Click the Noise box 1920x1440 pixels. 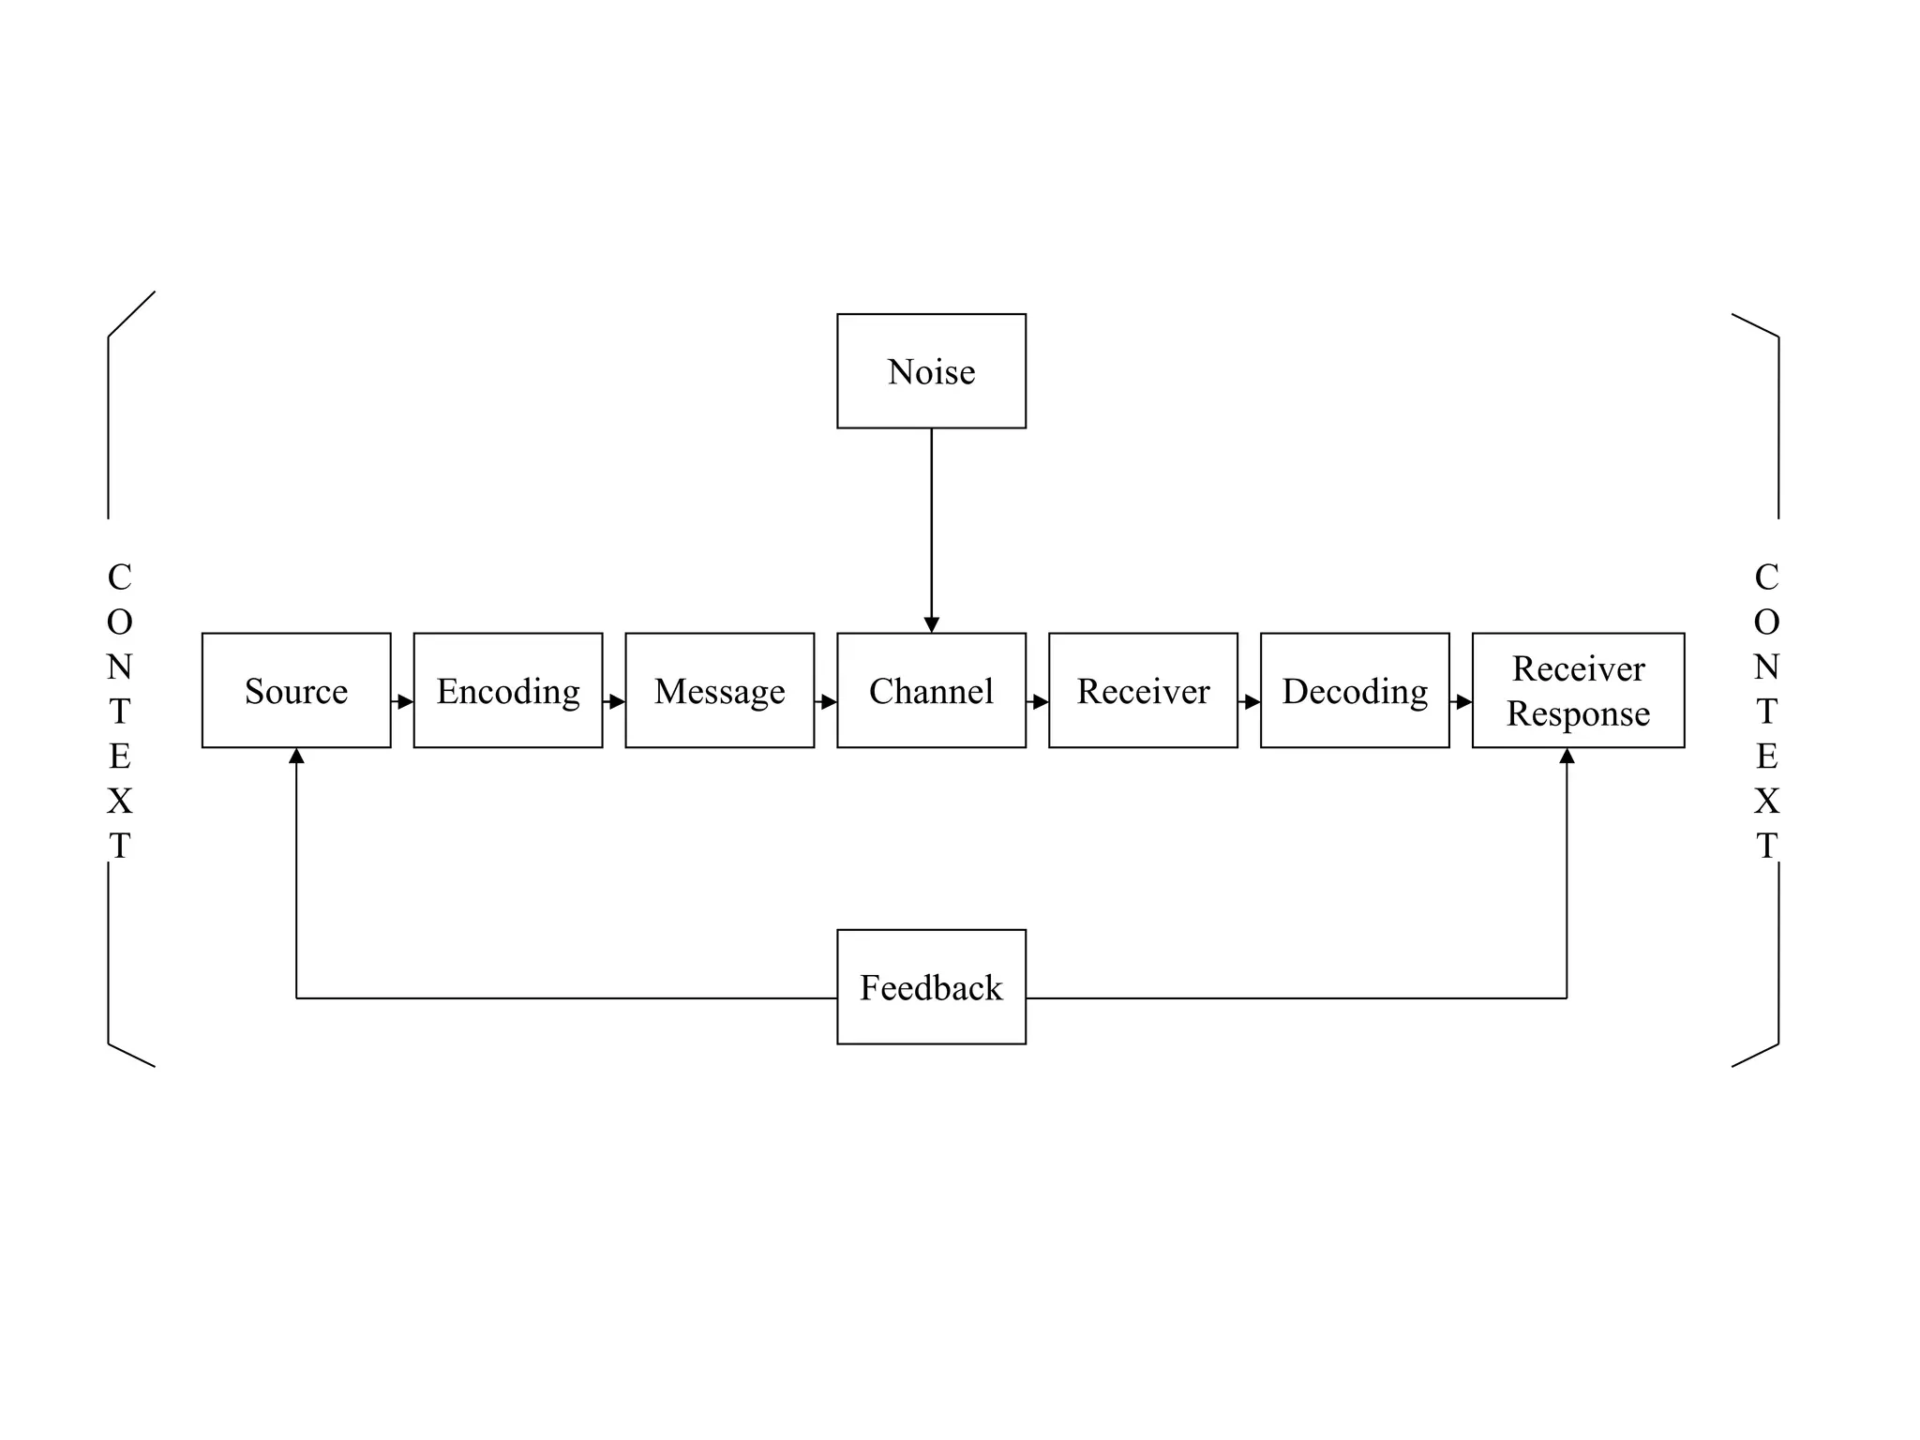coord(931,371)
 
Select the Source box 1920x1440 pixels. coord(296,690)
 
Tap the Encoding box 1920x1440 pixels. coord(507,690)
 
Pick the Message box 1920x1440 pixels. coord(719,690)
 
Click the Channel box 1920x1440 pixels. coord(931,690)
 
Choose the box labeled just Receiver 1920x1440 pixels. coord(1143,690)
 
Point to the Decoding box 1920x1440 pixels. coord(1355,690)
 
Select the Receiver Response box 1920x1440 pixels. coord(1578,690)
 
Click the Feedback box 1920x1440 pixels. coord(931,986)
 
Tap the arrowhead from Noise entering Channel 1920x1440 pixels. coord(931,624)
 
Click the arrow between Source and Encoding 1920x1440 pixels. coord(403,701)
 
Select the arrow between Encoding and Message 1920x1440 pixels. coord(615,701)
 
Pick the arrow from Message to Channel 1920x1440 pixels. coord(827,701)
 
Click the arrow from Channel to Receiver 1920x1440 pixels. coord(1039,701)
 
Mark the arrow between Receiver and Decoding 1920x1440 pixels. coord(1251,701)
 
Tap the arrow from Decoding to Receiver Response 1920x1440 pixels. coord(1462,701)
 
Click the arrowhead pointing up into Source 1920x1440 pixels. coord(296,756)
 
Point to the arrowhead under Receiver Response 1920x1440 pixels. coord(1567,756)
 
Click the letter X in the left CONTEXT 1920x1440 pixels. coord(120,801)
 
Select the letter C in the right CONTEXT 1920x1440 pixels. coord(1766,577)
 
